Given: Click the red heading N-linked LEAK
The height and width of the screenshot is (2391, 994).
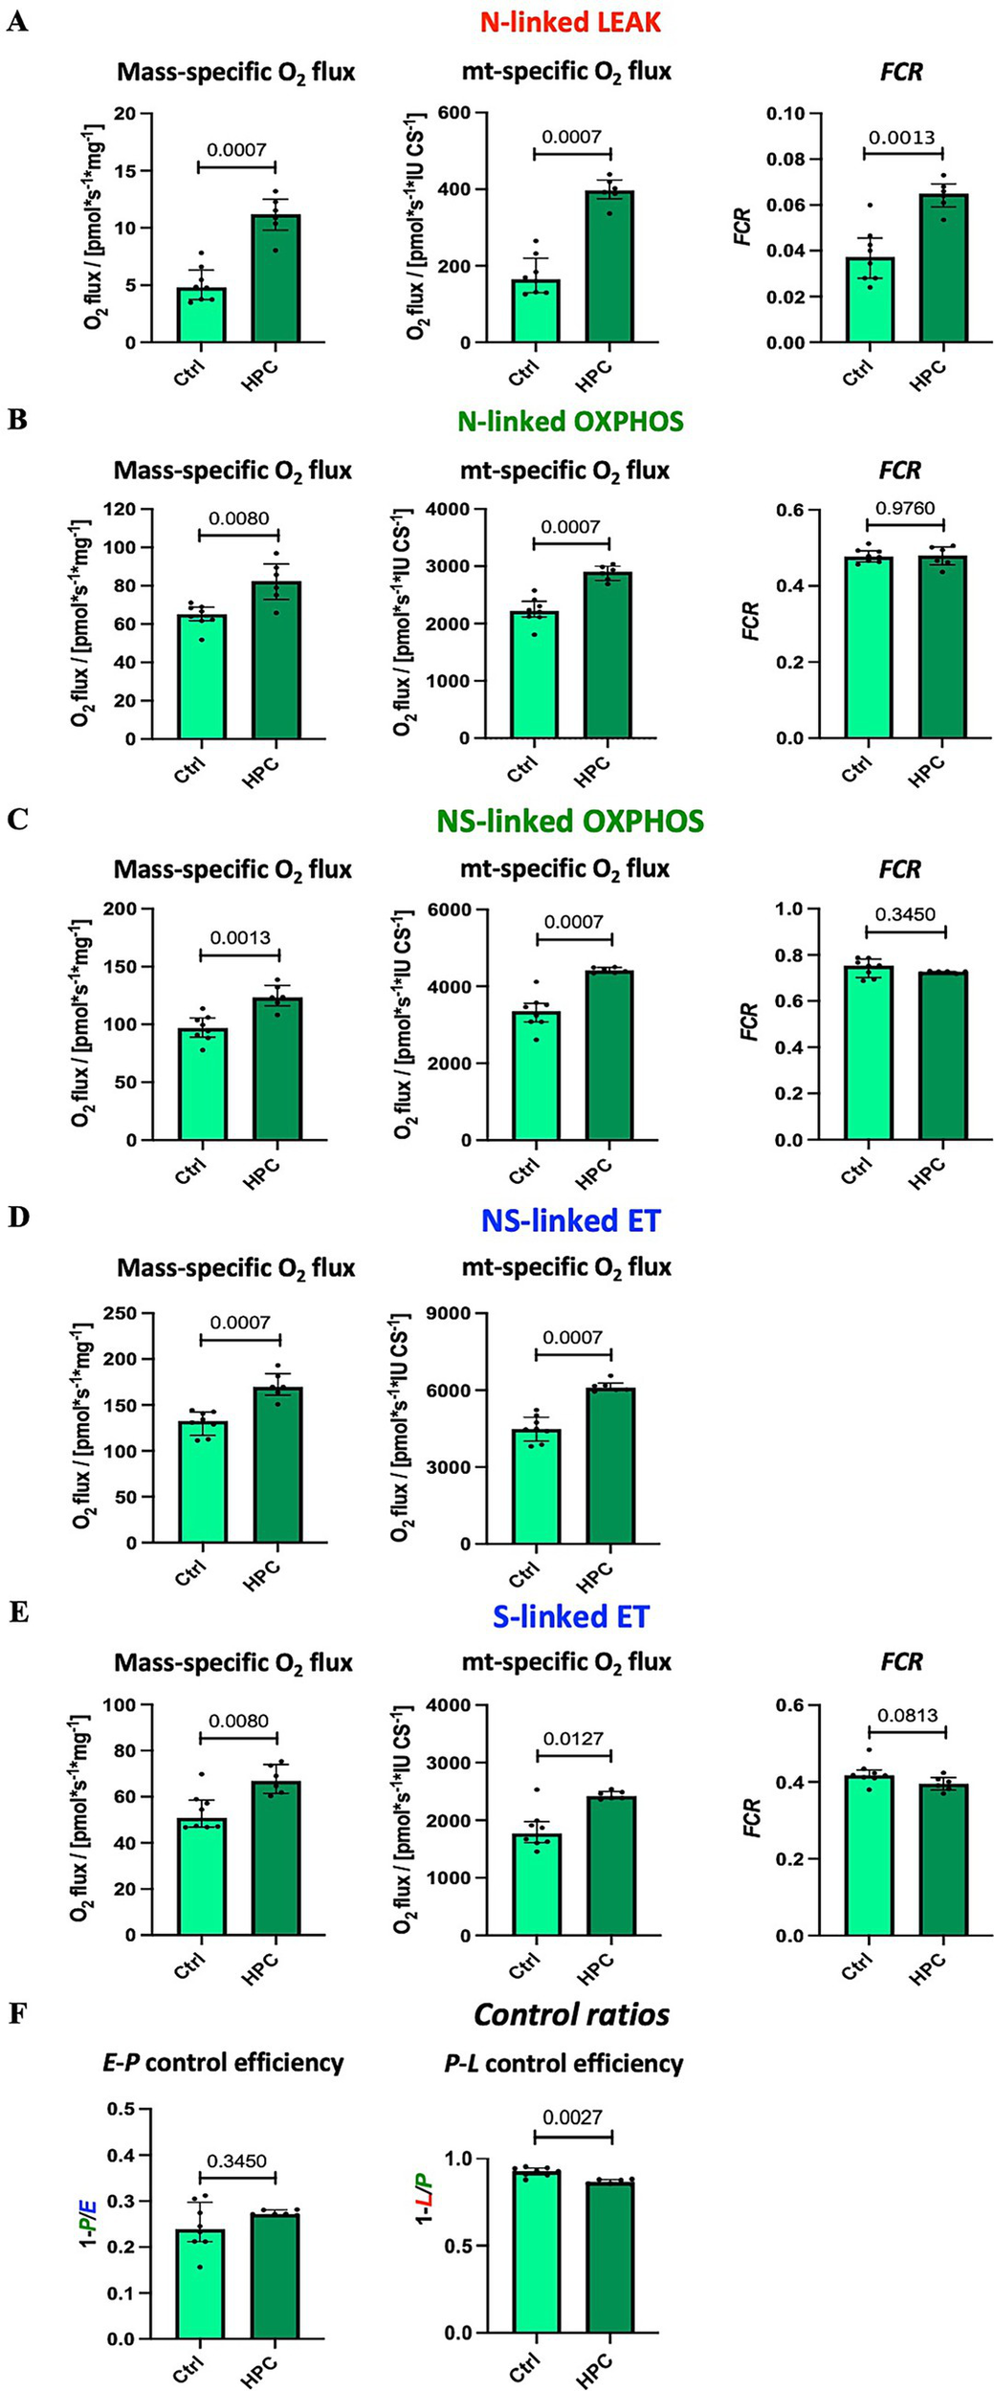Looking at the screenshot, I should [x=570, y=22].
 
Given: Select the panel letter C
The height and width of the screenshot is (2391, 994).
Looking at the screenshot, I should [x=18, y=819].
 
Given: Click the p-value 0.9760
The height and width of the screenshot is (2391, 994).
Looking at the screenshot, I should [x=906, y=509].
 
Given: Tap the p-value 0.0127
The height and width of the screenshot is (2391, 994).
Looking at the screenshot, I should [x=573, y=1739].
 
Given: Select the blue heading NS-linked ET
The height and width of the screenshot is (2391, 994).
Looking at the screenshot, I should [x=570, y=1220].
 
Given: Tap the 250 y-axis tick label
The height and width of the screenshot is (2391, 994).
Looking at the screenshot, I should [x=130, y=1314].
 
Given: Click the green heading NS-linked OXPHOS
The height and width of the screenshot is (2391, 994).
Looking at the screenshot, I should [x=570, y=822].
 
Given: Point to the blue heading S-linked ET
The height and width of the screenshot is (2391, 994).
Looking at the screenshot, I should [x=570, y=1617].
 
